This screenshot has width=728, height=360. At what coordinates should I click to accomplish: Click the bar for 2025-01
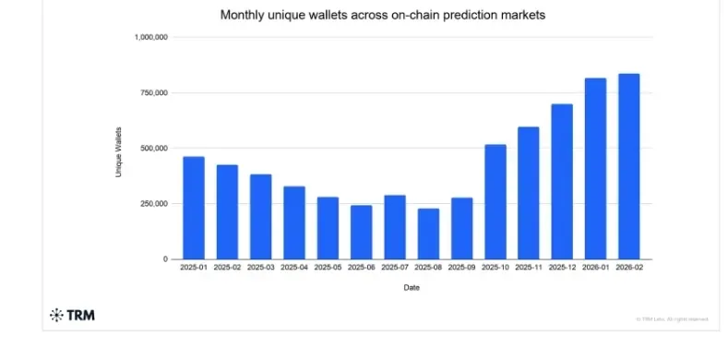(193, 208)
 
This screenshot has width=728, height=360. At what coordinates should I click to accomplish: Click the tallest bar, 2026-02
(628, 166)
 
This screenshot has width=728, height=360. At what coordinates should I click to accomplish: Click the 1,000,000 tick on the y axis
(150, 38)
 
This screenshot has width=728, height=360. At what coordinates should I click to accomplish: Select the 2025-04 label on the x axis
(293, 269)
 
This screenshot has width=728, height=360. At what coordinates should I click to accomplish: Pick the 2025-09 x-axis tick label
(461, 269)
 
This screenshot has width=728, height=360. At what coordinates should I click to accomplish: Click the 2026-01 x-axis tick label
(595, 269)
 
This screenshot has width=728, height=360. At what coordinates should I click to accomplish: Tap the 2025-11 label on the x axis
(529, 269)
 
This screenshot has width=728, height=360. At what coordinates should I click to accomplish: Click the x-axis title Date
(411, 288)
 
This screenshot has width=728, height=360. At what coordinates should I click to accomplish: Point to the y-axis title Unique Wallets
(119, 152)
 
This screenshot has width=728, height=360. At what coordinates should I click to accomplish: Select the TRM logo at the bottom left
(72, 316)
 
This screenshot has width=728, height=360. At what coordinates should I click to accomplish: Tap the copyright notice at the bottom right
(672, 319)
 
